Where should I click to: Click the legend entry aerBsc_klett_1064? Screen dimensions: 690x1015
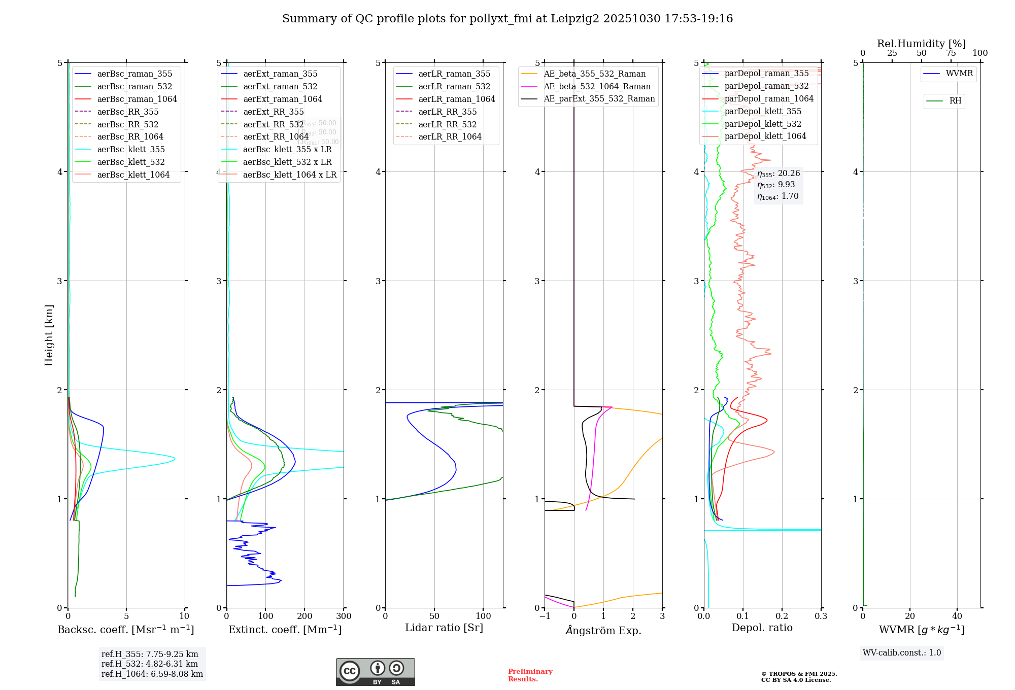coord(133,175)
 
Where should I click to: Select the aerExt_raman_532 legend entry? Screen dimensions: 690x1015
coord(280,86)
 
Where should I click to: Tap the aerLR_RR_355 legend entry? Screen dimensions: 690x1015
coord(447,112)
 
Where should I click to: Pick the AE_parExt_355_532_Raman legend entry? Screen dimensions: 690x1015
coord(599,98)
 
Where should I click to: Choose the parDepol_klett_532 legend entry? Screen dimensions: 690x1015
coord(762,124)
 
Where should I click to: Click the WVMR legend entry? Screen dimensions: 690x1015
coord(959,74)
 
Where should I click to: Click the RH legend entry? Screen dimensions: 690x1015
coord(955,101)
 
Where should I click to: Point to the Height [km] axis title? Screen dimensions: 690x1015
coord(49,335)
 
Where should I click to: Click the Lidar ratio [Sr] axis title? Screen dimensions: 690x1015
coord(444,628)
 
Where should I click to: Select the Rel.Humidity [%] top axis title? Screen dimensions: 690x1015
coord(921,44)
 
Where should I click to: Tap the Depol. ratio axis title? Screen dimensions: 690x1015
coord(762,628)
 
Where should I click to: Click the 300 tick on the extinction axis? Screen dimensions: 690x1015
coord(344,616)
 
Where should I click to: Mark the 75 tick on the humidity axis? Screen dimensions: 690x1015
coord(951,53)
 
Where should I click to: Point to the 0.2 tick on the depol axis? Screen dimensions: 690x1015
coord(782,616)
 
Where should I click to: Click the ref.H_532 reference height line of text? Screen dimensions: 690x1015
coord(150,664)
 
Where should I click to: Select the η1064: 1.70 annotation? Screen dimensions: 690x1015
coord(777,196)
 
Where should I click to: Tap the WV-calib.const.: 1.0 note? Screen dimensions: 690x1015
coord(902,653)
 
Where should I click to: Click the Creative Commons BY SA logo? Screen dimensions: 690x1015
coord(375,672)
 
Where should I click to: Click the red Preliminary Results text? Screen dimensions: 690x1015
coord(530,675)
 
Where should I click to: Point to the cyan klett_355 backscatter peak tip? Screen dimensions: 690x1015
coord(175,459)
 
